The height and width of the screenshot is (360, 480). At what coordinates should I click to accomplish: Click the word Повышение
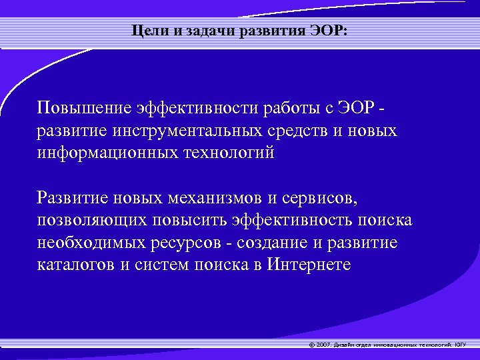84,109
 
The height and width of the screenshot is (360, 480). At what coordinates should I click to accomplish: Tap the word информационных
105,153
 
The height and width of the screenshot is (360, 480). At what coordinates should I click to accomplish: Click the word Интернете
309,264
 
